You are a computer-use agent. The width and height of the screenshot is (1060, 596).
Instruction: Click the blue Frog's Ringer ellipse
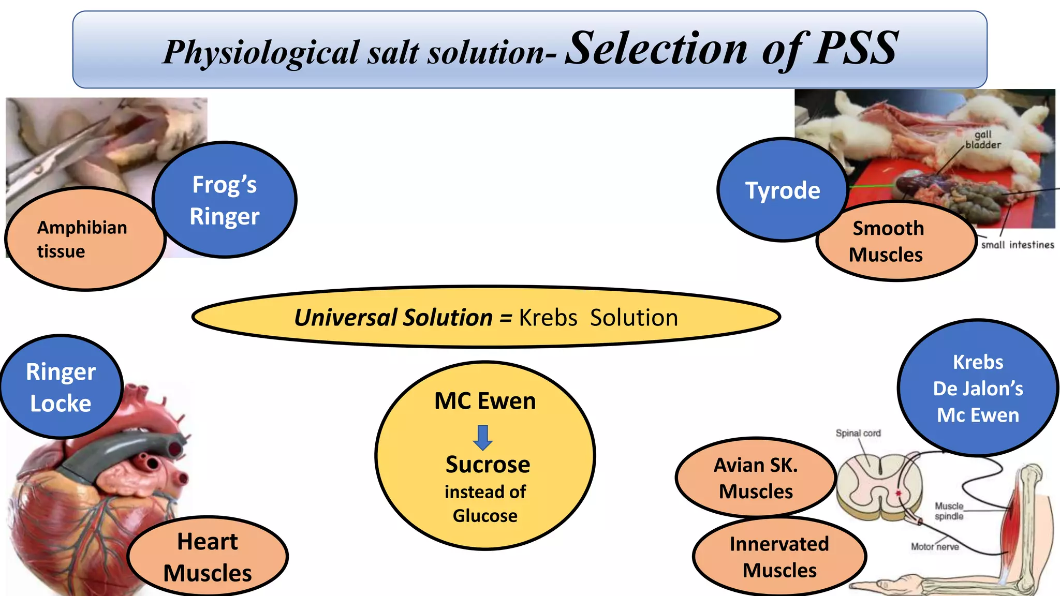click(x=224, y=200)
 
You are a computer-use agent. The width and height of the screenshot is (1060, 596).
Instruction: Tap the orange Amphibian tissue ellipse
click(x=83, y=239)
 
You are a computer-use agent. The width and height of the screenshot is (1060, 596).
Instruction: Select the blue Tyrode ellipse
click(x=782, y=190)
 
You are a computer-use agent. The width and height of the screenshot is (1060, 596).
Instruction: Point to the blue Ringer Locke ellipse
click(x=61, y=387)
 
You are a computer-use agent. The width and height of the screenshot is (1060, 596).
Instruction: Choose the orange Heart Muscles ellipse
click(x=208, y=557)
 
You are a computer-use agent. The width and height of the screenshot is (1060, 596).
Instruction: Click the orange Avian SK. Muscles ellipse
click(x=756, y=478)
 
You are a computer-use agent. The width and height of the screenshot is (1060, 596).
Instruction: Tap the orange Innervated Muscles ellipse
click(x=779, y=557)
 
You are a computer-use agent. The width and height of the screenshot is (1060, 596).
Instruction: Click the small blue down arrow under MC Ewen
click(x=483, y=438)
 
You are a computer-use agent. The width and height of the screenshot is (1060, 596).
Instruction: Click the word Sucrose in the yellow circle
click(x=488, y=465)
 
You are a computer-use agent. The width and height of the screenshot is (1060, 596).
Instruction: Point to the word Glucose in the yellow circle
click(x=485, y=516)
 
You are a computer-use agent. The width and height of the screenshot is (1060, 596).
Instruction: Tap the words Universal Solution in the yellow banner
click(x=393, y=317)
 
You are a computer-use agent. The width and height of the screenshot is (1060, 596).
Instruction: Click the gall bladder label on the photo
click(x=982, y=140)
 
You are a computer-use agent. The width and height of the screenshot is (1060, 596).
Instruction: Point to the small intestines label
click(x=1017, y=245)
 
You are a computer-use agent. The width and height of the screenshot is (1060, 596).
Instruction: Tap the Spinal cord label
click(x=858, y=433)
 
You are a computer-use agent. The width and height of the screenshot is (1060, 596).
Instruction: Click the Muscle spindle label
click(x=949, y=511)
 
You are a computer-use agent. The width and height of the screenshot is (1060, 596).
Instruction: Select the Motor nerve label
click(x=934, y=546)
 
